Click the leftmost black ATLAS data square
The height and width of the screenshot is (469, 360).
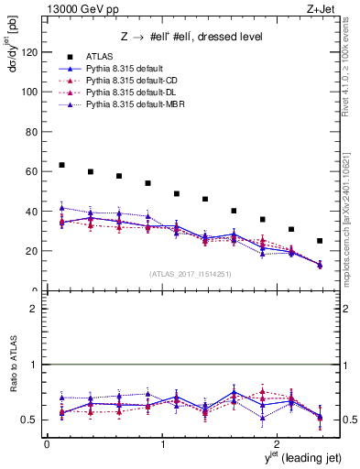click(61, 165)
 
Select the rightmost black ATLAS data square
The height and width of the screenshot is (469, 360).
click(320, 241)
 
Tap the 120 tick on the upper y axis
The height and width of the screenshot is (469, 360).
click(32, 52)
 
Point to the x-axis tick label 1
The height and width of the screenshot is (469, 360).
click(162, 444)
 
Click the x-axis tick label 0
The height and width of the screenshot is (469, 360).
click(46, 444)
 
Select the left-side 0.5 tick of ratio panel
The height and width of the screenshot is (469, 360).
click(32, 420)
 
